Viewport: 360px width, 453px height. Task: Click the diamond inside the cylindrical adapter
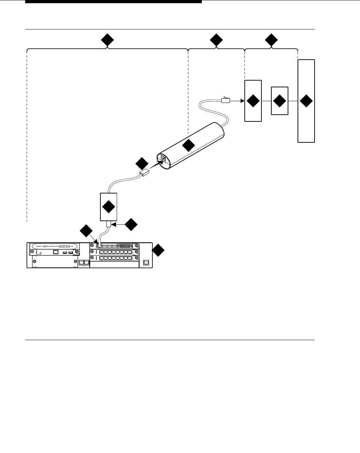[189, 145]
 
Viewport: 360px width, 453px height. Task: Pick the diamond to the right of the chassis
[159, 251]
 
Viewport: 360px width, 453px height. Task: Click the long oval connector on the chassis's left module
[55, 246]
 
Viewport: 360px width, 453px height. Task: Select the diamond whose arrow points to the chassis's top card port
[85, 231]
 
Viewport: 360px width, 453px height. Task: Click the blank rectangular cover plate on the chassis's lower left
[55, 263]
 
